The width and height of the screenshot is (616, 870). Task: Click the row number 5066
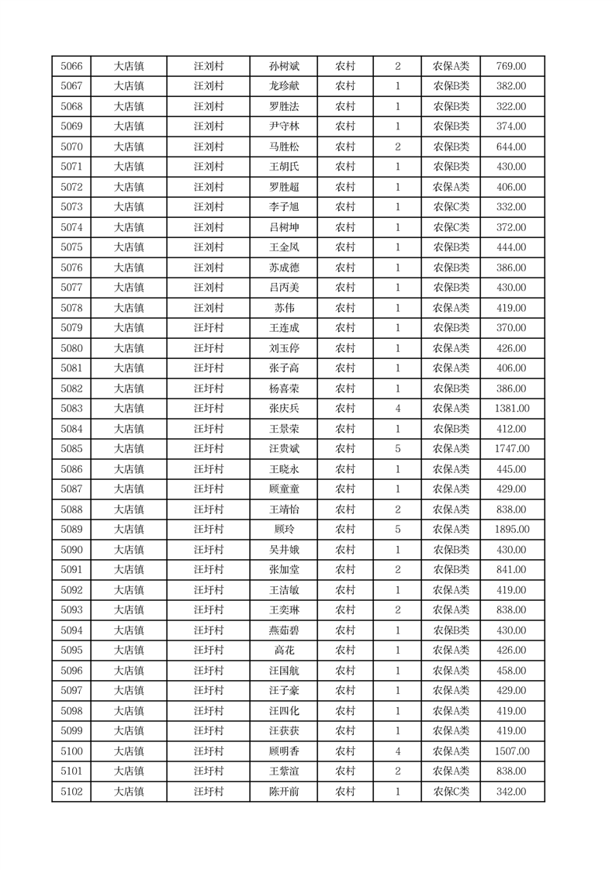(71, 67)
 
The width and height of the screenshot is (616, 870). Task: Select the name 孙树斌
(283, 67)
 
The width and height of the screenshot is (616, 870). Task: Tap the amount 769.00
(511, 67)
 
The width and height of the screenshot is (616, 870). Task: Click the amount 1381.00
(511, 409)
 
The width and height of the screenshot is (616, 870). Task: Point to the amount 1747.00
(511, 449)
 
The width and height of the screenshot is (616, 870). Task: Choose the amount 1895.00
(511, 530)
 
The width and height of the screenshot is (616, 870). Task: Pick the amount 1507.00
(511, 751)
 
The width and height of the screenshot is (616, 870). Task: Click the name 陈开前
(283, 792)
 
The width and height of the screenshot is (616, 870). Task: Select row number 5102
(71, 792)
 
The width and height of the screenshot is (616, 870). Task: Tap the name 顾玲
(283, 530)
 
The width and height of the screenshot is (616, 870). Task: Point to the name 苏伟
(283, 308)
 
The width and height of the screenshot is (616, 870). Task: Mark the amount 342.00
(511, 792)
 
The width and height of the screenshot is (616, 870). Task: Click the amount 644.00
(511, 147)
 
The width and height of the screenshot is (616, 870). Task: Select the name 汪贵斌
(283, 449)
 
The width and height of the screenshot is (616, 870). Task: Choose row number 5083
(71, 409)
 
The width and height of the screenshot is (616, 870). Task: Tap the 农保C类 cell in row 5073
(451, 207)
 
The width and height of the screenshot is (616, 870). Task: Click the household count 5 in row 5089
(397, 530)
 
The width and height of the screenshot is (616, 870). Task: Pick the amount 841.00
(511, 570)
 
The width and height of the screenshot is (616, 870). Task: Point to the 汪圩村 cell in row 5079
(208, 328)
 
